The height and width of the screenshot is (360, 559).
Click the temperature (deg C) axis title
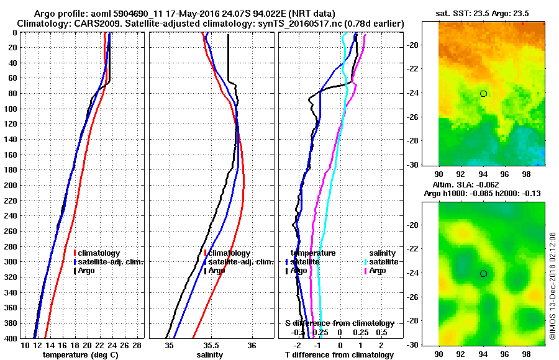80,355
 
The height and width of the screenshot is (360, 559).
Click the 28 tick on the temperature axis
137,345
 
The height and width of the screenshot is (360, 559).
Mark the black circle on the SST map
483,94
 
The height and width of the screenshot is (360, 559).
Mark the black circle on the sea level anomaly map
483,274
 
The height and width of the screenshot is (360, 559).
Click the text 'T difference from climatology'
339,355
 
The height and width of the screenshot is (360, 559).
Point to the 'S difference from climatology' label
339,323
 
